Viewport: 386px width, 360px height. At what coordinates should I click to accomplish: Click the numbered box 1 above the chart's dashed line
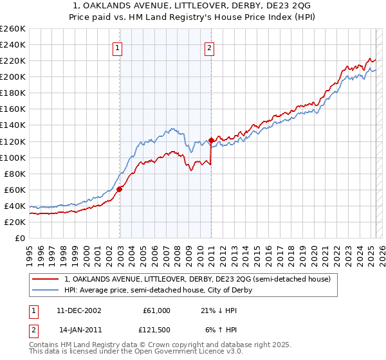pyautogui.click(x=119, y=47)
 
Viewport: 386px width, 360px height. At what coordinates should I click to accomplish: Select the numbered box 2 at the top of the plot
pyautogui.click(x=210, y=47)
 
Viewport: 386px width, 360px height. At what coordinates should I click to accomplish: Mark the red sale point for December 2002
pyautogui.click(x=120, y=188)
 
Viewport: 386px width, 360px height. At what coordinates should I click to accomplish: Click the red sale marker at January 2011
pyautogui.click(x=211, y=140)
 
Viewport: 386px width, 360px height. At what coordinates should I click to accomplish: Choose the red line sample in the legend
pyautogui.click(x=46, y=279)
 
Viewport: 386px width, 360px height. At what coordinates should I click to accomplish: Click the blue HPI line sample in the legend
pyautogui.click(x=46, y=290)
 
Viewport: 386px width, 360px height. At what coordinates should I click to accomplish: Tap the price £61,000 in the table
pyautogui.click(x=156, y=310)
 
